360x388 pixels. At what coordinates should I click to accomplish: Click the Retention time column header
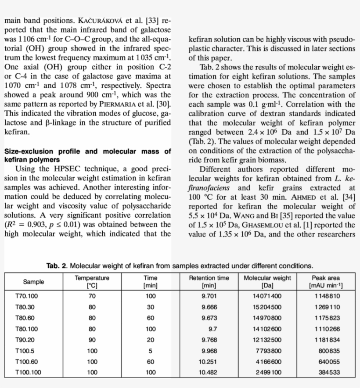(x=209, y=281)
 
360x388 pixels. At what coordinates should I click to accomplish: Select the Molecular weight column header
(x=267, y=281)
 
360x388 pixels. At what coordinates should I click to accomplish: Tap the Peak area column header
(x=325, y=281)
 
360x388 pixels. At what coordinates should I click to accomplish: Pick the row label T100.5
(x=25, y=351)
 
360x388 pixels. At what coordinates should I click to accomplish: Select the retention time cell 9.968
(x=209, y=351)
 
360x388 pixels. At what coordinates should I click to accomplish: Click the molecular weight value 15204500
(x=267, y=307)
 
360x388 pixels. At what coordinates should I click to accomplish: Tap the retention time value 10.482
(x=207, y=373)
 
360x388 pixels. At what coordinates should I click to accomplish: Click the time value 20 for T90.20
(x=151, y=340)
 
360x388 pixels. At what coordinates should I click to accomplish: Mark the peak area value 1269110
(x=327, y=307)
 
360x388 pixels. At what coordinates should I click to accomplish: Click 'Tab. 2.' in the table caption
(x=57, y=266)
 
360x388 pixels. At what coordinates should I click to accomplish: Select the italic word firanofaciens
(x=209, y=187)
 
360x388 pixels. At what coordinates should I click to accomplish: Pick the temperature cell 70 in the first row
(x=92, y=296)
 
